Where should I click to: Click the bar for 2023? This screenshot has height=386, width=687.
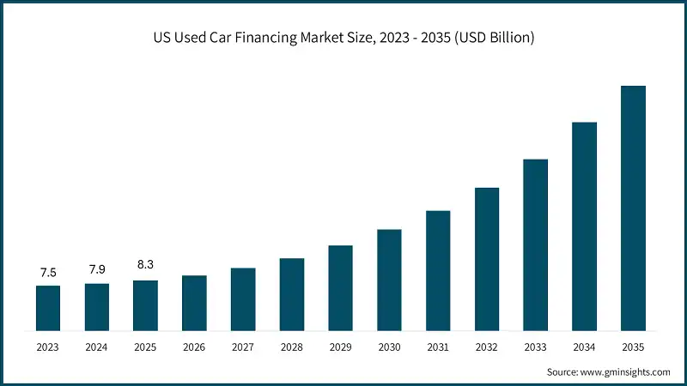(x=48, y=308)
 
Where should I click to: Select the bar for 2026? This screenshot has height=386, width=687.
(x=194, y=303)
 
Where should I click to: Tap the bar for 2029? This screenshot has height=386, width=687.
(x=341, y=287)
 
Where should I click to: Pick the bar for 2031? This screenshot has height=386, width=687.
(x=438, y=270)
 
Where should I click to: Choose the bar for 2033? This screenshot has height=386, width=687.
(x=536, y=244)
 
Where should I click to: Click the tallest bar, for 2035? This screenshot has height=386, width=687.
(x=633, y=208)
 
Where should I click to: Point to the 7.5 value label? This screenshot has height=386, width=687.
(x=48, y=273)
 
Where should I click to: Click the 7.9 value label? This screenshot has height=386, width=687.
(x=97, y=270)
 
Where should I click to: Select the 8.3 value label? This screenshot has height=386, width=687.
(x=145, y=265)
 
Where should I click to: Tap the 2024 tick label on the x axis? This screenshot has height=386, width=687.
(x=97, y=347)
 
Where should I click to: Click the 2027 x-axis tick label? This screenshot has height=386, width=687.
(x=243, y=347)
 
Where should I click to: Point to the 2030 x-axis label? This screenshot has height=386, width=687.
(x=389, y=347)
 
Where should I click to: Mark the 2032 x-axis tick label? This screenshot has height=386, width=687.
(x=487, y=347)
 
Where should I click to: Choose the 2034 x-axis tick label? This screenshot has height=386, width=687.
(x=584, y=347)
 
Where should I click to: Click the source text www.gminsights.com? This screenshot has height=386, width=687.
(x=624, y=371)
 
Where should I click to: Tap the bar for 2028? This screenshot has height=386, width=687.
(x=292, y=294)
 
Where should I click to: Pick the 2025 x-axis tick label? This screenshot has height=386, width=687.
(x=145, y=347)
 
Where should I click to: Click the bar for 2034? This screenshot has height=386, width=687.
(x=584, y=226)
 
